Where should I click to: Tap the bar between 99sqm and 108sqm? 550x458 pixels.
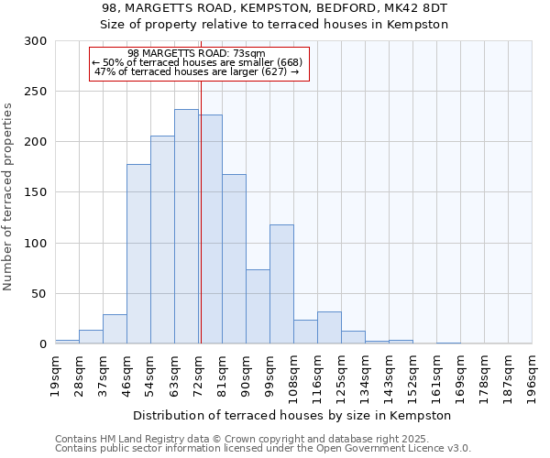pos(281,284)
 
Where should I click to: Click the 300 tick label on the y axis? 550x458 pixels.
pos(36,41)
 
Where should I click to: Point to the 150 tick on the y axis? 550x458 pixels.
pos(36,192)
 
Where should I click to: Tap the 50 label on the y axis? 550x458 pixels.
pos(39,294)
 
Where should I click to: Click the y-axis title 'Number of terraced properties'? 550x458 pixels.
pos(8,197)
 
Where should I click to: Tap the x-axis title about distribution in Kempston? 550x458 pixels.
pos(292,415)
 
